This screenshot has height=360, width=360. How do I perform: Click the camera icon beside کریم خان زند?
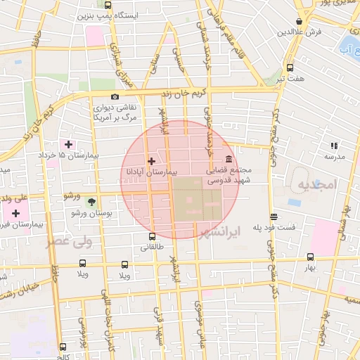point(115,96)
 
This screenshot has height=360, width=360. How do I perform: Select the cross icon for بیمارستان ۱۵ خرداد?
point(68,144)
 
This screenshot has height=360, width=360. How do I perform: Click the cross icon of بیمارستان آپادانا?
point(151,161)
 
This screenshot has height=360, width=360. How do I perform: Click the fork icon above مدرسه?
point(334,146)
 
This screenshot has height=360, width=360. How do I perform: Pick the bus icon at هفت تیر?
point(290,67)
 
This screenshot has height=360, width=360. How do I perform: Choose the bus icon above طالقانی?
point(152,236)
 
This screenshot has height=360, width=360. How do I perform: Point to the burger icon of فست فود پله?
point(273,217)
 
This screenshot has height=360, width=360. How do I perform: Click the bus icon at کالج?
point(63,347)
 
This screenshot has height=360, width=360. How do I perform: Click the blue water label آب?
point(346,49)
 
